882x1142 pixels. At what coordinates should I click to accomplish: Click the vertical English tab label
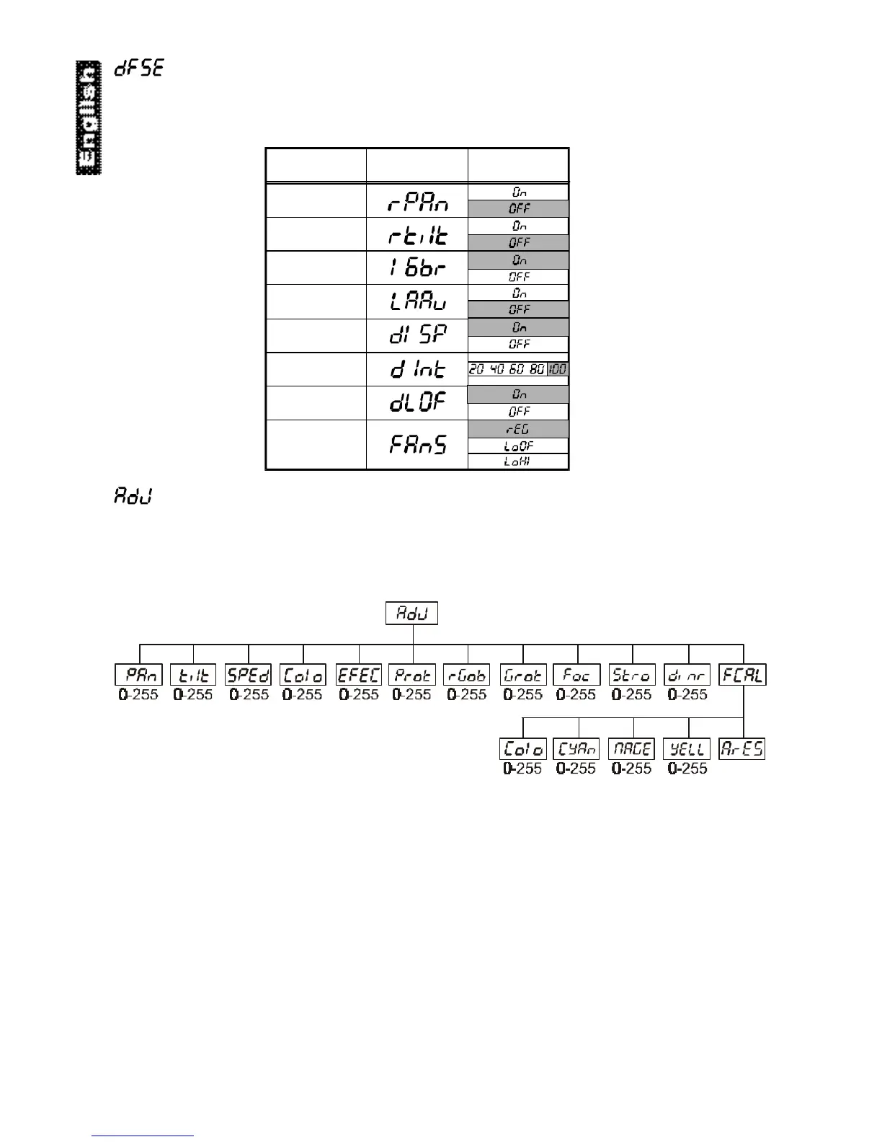tap(89, 118)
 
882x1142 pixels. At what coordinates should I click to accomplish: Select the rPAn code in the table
tap(418, 201)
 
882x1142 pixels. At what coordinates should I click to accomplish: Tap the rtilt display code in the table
tap(418, 235)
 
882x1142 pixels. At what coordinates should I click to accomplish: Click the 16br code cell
tap(418, 269)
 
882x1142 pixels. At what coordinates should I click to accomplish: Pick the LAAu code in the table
tap(418, 302)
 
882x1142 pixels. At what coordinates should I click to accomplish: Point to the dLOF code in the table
tap(418, 403)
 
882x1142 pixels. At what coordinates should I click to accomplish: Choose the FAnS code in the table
tap(418, 445)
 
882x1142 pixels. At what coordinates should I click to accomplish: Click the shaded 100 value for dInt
tap(558, 369)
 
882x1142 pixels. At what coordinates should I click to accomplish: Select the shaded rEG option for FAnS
tap(519, 430)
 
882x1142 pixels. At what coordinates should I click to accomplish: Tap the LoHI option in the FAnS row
tap(519, 461)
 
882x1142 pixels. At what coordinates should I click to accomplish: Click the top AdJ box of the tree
tap(412, 614)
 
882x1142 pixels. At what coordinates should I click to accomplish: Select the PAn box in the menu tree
tap(139, 675)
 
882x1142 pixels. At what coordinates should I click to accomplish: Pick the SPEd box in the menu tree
tap(249, 675)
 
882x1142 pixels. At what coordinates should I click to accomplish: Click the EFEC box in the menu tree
tap(359, 675)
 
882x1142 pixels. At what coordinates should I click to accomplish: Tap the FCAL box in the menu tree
tap(743, 675)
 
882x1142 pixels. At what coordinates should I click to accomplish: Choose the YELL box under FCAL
tap(687, 749)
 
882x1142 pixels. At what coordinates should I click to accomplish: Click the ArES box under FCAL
tap(742, 749)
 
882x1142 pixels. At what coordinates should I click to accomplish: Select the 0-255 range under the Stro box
tap(632, 695)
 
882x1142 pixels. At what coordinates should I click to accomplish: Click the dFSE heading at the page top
tap(140, 69)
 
